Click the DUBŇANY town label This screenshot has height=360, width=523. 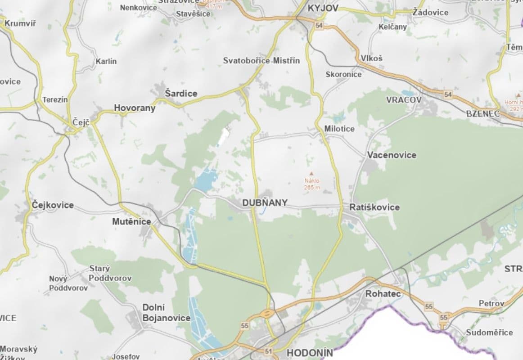coord(265,203)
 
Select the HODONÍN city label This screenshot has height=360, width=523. coord(310,353)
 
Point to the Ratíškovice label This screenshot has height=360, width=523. coord(374,207)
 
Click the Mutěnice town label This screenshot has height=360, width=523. coord(131,221)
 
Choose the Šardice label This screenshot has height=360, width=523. coord(181,94)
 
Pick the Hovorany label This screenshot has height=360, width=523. coord(135,108)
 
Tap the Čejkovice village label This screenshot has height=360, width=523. coord(53,205)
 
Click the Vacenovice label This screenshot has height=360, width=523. coord(392,155)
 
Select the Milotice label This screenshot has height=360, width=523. coord(339,129)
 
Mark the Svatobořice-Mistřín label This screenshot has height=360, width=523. coord(261,61)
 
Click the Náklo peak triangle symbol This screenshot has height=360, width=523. coord(311,173)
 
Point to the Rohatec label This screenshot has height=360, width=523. coord(383,294)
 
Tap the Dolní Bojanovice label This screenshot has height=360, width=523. coord(166,313)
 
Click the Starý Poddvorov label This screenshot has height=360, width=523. coord(110,274)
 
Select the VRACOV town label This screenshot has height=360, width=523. coord(404,100)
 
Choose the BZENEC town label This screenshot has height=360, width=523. coord(483,114)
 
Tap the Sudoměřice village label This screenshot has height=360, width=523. coord(489,333)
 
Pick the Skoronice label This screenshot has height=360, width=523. coord(343,75)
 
